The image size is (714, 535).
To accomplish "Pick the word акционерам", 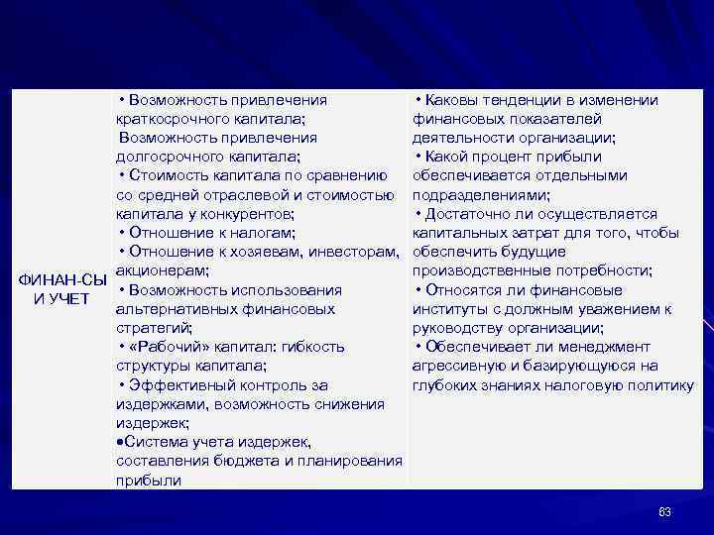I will (x=162, y=270).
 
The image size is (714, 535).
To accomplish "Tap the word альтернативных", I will (x=169, y=309).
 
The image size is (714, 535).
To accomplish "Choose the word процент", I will (x=516, y=157).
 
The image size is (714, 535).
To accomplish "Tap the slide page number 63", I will (x=664, y=511).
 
